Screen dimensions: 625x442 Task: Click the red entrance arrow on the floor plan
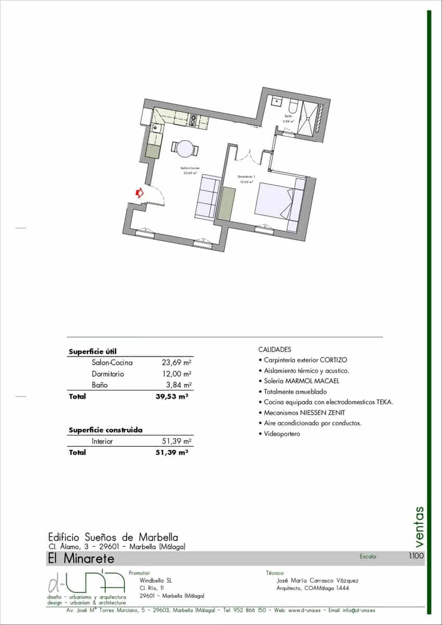coord(139,193)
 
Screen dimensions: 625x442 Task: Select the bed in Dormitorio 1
coord(273,201)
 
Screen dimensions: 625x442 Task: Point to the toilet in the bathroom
coord(293,107)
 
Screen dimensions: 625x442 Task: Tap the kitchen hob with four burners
coord(193,120)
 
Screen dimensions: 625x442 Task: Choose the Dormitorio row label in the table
coord(108,374)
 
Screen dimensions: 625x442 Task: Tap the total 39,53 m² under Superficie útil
coord(168,397)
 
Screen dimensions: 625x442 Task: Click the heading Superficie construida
coord(106,430)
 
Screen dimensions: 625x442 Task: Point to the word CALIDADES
coord(274,349)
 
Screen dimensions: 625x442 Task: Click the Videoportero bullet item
coord(282,434)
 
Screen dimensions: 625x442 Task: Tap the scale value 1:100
coord(416,556)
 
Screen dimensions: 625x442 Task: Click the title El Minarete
coord(81,559)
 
